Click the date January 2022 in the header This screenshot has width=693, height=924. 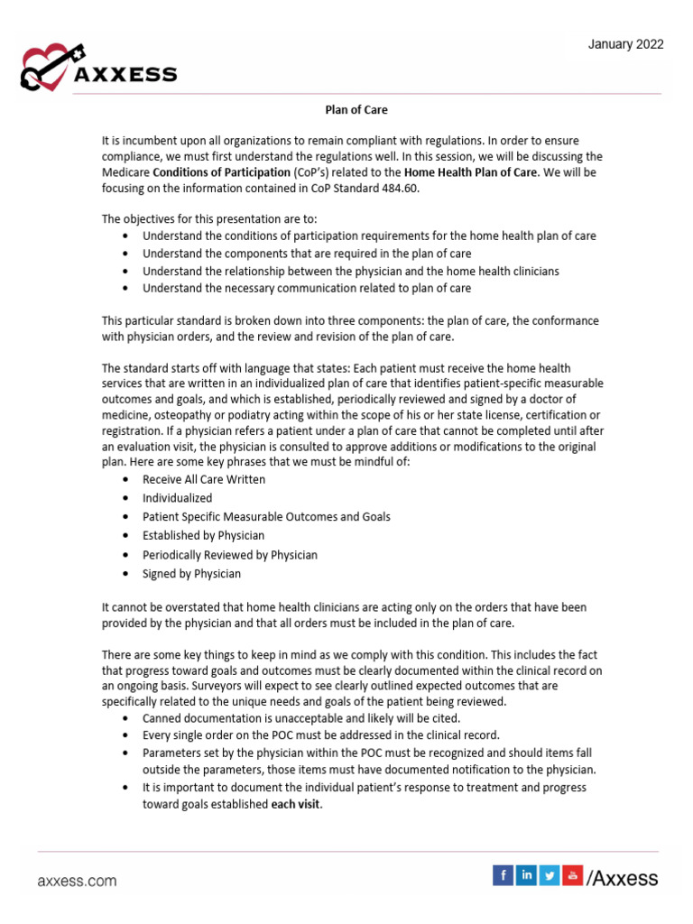[x=626, y=44]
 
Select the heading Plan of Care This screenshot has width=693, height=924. [x=356, y=110]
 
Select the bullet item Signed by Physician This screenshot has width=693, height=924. [x=191, y=573]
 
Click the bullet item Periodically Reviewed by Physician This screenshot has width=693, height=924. [x=230, y=555]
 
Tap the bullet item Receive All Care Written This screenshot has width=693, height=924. [x=204, y=479]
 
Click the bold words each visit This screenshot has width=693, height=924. [x=296, y=806]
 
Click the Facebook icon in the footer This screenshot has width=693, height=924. [x=503, y=874]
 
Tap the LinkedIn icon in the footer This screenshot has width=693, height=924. [x=526, y=874]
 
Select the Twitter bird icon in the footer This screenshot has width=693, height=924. [x=550, y=874]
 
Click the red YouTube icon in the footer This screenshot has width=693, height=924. [x=572, y=874]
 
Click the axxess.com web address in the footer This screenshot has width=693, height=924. [x=77, y=880]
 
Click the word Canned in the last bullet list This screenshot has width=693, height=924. [x=162, y=718]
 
